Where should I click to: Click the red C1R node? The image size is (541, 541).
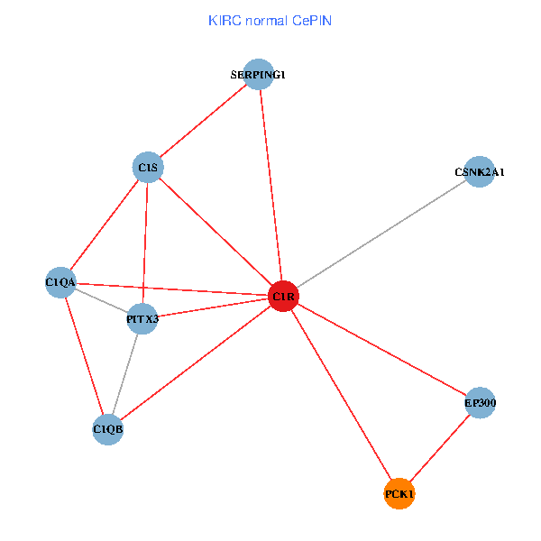[283, 297]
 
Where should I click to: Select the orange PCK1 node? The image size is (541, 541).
[399, 494]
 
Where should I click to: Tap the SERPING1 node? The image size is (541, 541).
[259, 75]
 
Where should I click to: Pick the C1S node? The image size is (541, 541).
[147, 167]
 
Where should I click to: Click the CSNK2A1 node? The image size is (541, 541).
[480, 171]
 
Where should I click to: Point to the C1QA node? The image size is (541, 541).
[60, 282]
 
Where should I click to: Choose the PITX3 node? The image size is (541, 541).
[142, 318]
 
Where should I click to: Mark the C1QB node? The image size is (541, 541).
[108, 430]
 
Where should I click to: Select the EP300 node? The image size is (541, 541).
[481, 403]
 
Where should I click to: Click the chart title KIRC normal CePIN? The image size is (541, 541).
[270, 20]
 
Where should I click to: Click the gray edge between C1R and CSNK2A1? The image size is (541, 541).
[381, 234]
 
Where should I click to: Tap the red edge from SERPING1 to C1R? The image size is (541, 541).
[270, 186]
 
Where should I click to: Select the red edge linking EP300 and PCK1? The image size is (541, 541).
[440, 449]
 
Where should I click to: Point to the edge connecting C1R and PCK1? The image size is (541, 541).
[341, 395]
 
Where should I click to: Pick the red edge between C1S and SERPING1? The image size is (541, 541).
[203, 121]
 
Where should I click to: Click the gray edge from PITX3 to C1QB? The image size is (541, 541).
[125, 374]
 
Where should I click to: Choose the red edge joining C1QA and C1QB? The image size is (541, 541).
[84, 356]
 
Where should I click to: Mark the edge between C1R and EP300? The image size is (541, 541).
[381, 350]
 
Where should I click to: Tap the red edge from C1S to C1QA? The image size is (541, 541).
[104, 225]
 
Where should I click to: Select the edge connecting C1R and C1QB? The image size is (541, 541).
[196, 363]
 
